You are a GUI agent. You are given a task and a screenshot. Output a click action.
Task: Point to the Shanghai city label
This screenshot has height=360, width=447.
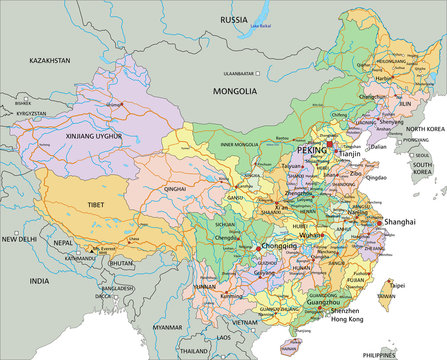tap(399, 222)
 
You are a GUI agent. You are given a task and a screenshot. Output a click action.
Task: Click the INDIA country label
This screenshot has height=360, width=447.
tap(38, 282)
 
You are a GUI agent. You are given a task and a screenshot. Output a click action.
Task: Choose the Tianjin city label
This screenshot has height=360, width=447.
tap(345, 154)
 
